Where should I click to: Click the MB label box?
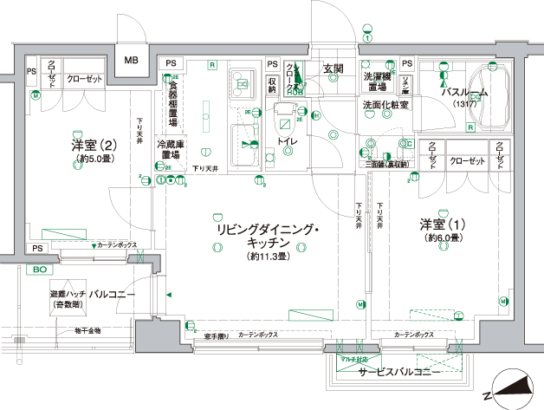tap(132, 60)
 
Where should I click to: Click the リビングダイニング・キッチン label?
tap(268, 237)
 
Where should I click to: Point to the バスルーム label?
tap(464, 93)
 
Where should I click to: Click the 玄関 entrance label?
tap(334, 68)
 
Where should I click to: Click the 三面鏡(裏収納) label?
tap(385, 163)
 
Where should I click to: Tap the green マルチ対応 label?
tap(354, 358)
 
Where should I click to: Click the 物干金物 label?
tap(87, 330)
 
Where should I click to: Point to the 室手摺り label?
tap(217, 335)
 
